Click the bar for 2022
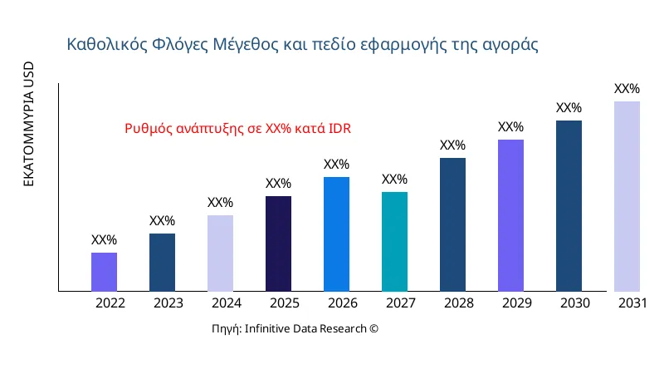coord(104,272)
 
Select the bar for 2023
coord(162,262)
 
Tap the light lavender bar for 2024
coord(220,253)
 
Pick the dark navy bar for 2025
coord(278,244)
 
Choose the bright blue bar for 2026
coord(336,234)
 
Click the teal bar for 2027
coord(394,241)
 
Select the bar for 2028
coord(452,224)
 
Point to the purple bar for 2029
coord(510,215)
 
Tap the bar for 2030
coord(569,205)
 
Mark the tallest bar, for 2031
coord(627,196)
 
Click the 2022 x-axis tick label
coord(110,303)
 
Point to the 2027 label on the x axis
coord(401,303)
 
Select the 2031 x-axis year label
coord(632,303)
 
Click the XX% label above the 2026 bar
coord(336,165)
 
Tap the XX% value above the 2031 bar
coord(627,89)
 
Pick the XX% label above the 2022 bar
coord(104,240)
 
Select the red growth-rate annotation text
coord(238,129)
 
